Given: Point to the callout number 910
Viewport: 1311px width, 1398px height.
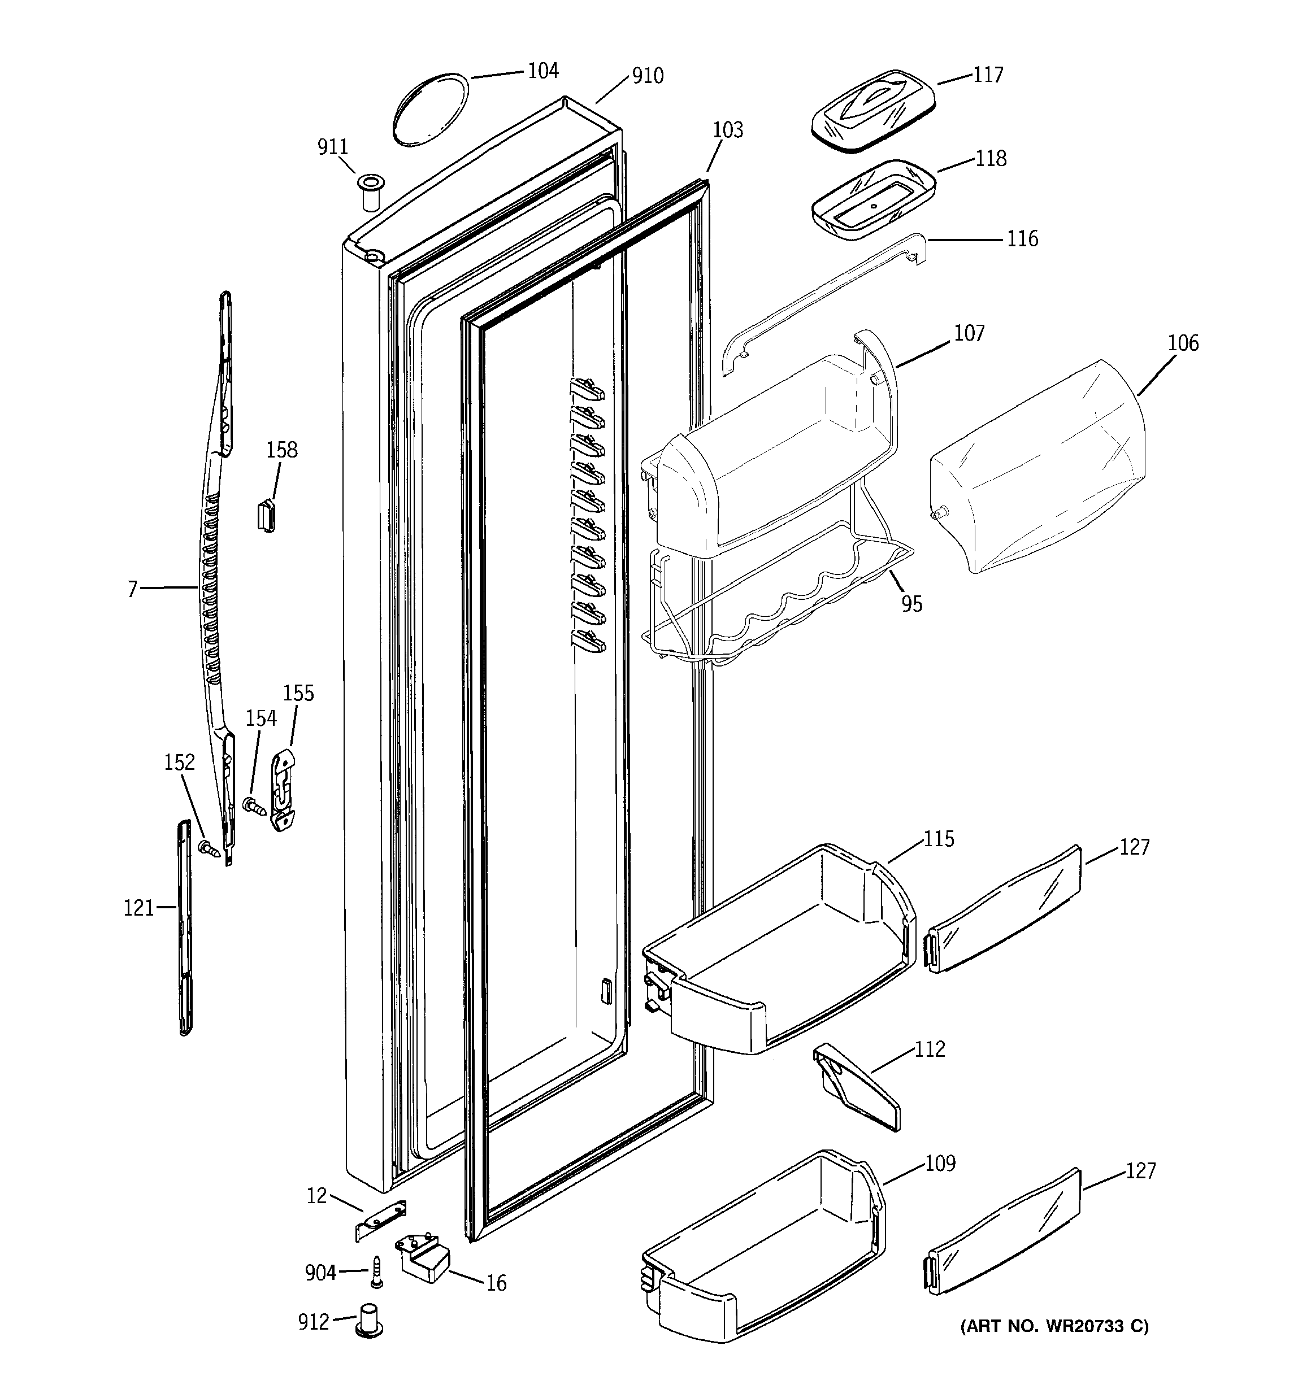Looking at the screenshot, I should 648,76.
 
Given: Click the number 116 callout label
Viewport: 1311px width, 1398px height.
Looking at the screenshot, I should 1022,239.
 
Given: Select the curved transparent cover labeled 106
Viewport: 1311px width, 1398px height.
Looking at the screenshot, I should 1038,468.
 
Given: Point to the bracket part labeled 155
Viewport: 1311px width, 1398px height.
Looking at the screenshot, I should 283,791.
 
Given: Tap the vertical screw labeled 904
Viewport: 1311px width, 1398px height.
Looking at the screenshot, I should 377,1271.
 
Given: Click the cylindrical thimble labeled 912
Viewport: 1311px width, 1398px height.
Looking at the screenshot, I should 370,1319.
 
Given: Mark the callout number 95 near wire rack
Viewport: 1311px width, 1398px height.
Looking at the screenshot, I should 911,603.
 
